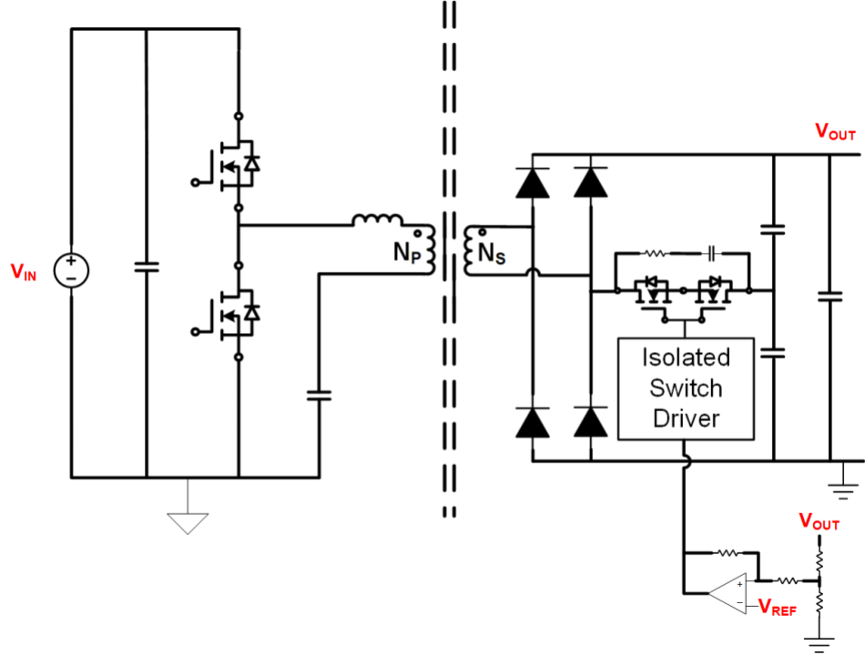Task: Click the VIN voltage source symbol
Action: (x=71, y=270)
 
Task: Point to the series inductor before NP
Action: (x=378, y=221)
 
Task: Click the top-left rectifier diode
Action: (x=532, y=182)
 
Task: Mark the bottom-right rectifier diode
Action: (x=592, y=423)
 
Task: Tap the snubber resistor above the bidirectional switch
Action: (x=654, y=254)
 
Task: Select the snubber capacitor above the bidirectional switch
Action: (x=714, y=254)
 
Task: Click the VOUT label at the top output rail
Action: (x=835, y=133)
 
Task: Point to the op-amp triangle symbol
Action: (x=728, y=592)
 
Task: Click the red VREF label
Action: (x=778, y=608)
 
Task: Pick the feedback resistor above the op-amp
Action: (x=727, y=551)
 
